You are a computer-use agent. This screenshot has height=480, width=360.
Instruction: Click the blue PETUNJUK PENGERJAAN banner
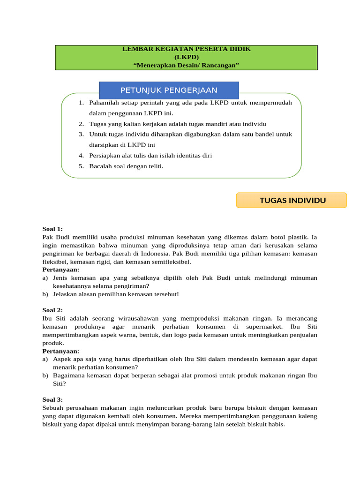169,90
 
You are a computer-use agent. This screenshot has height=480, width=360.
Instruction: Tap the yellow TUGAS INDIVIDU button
292,201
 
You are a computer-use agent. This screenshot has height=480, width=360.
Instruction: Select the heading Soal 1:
52,229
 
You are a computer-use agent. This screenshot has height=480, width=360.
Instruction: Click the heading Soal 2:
52,310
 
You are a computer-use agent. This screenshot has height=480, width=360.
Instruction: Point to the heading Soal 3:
52,400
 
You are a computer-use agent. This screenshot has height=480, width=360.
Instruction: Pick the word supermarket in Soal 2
265,327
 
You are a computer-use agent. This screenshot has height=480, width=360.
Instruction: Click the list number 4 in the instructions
81,156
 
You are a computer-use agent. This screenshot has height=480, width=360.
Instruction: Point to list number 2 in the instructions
81,124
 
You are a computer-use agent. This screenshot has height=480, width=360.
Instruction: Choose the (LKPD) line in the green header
186,57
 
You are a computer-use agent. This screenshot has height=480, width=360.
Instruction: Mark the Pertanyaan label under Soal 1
61,270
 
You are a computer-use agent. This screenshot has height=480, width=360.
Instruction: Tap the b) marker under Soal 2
45,375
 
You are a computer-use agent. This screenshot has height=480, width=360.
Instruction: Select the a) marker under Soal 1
45,278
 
